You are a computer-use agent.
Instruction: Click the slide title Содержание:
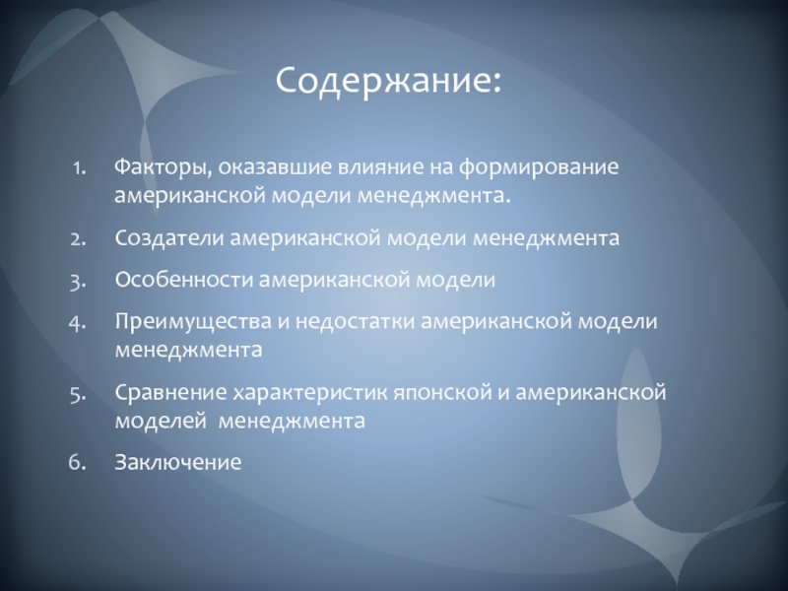388,81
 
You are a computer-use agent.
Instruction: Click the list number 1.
79,168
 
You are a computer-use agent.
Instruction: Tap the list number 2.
79,239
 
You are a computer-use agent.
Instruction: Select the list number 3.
79,282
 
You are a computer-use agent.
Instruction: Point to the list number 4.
78,323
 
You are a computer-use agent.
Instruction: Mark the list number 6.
78,462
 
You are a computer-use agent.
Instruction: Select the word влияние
380,167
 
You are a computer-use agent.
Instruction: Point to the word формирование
538,168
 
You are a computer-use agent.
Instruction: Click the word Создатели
169,238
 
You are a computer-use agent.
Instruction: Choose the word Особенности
184,280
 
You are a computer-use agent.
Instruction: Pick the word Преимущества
193,322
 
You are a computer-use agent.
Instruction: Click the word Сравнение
170,392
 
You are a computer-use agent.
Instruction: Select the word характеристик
310,393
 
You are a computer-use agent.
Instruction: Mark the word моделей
161,421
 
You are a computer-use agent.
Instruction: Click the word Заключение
178,462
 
